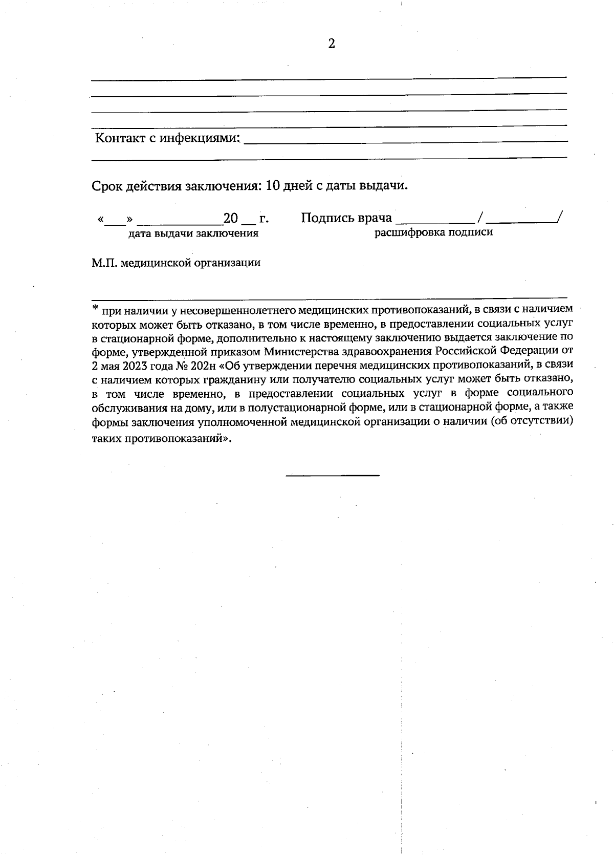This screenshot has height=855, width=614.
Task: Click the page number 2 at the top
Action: (x=331, y=44)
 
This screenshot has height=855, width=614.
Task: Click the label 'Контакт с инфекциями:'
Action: (x=168, y=138)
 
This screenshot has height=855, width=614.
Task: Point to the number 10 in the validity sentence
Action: (x=274, y=185)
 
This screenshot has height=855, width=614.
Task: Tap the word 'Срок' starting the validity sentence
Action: (x=106, y=186)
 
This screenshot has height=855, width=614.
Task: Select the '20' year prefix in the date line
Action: (x=231, y=219)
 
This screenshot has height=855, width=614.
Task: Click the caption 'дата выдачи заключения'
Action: (x=193, y=233)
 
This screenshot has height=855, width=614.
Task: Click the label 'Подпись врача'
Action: (x=346, y=218)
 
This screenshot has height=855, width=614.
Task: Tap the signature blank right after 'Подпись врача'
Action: (x=435, y=221)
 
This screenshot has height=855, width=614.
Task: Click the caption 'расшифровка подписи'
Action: (x=434, y=232)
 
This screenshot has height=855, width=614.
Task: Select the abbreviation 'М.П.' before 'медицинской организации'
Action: (x=104, y=263)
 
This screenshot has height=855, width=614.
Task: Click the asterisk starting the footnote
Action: (x=95, y=308)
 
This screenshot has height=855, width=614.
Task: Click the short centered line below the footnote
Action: (x=333, y=476)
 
